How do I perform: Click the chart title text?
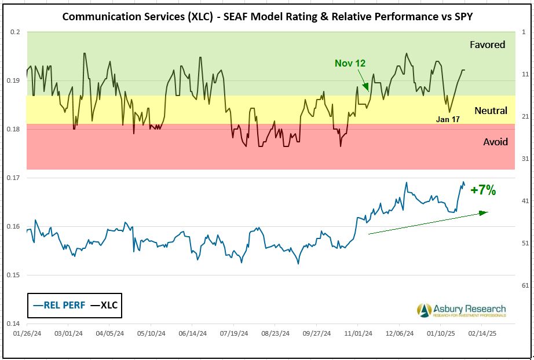[267, 16]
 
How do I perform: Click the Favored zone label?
[488, 45]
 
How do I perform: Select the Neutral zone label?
[491, 111]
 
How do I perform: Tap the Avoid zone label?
[495, 142]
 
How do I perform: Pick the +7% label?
[482, 189]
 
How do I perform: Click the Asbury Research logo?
[461, 310]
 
